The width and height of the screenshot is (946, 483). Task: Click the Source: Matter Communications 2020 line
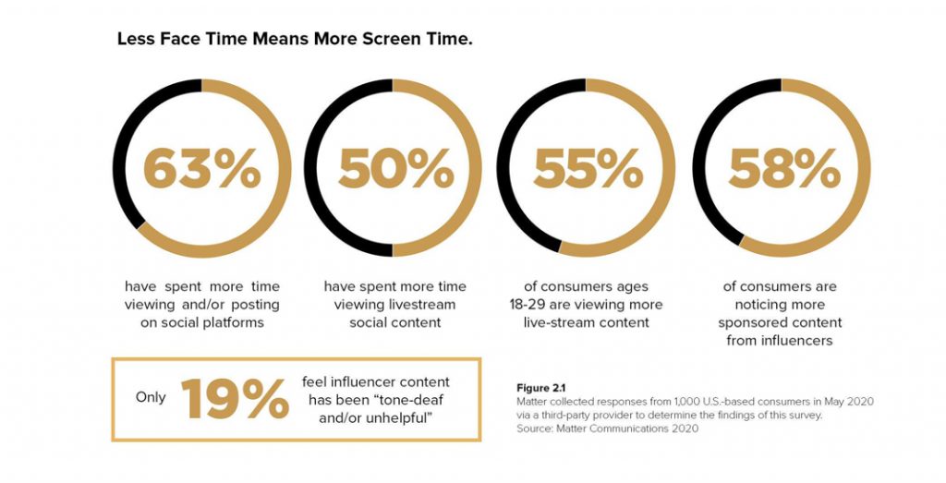point(595,429)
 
